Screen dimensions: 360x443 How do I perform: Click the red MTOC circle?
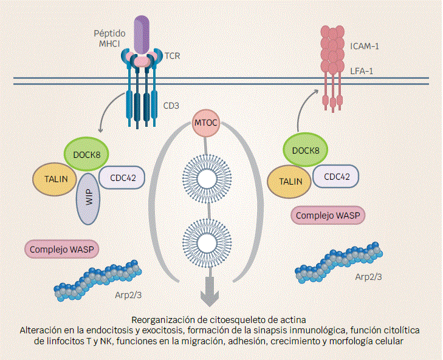click(205, 124)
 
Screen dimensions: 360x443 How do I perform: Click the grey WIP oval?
click(88, 202)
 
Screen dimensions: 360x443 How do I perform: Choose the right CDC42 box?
click(335, 177)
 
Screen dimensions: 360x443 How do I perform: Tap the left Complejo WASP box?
click(62, 249)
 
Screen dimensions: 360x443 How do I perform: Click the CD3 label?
click(172, 106)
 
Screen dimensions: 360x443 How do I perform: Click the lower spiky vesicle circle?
click(206, 242)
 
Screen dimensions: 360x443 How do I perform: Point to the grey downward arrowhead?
click(210, 297)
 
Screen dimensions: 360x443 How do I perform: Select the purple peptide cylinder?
click(142, 34)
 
